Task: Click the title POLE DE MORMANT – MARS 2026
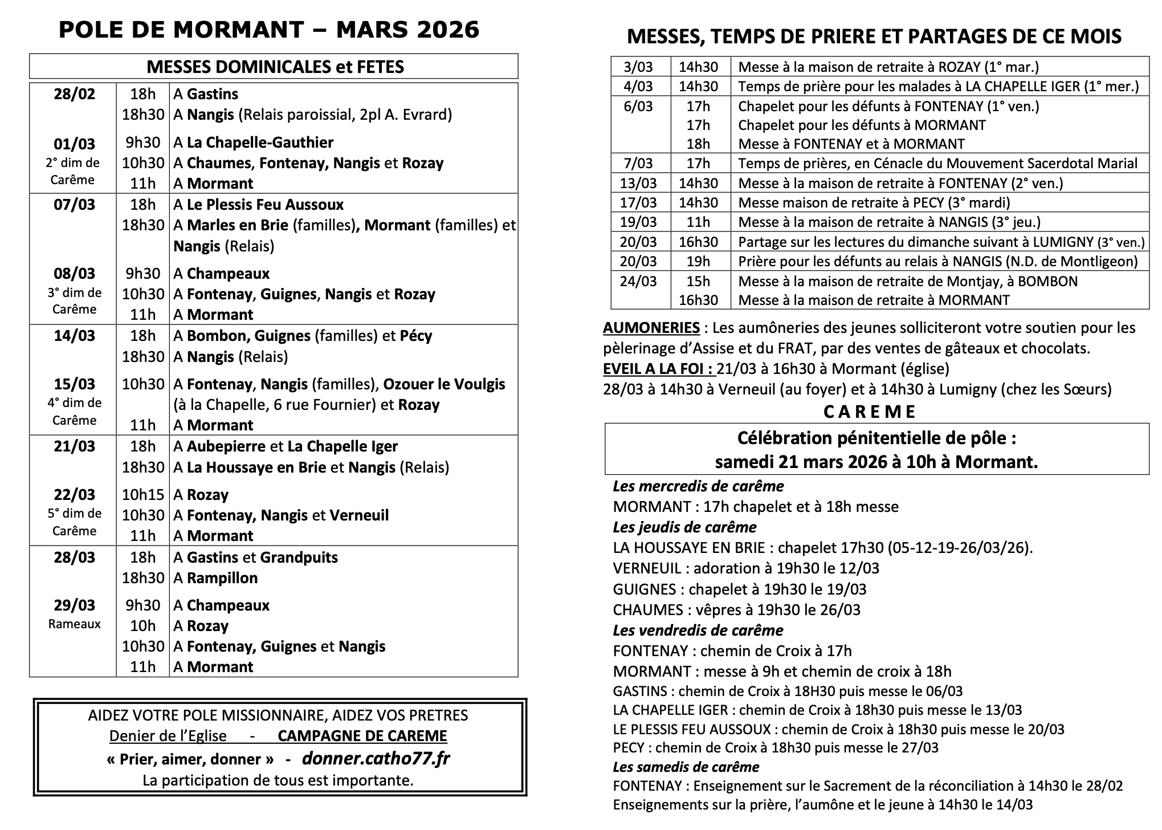tap(269, 30)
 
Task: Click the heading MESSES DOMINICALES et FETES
tap(275, 67)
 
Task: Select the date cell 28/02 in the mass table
tap(74, 93)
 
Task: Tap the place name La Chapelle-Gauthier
tap(260, 142)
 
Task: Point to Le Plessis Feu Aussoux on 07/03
tap(265, 204)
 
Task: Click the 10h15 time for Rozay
tap(142, 494)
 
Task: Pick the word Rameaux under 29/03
tap(74, 624)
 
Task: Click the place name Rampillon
tap(222, 577)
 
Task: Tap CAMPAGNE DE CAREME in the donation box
tap(362, 735)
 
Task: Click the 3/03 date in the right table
tap(638, 67)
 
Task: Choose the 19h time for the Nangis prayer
tap(698, 261)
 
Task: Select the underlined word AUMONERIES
tap(651, 328)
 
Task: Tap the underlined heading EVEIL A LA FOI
tap(658, 369)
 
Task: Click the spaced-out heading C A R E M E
tap(870, 412)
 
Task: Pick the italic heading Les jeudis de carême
tap(684, 527)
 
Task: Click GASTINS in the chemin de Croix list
tap(639, 691)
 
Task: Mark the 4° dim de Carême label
tap(74, 411)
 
